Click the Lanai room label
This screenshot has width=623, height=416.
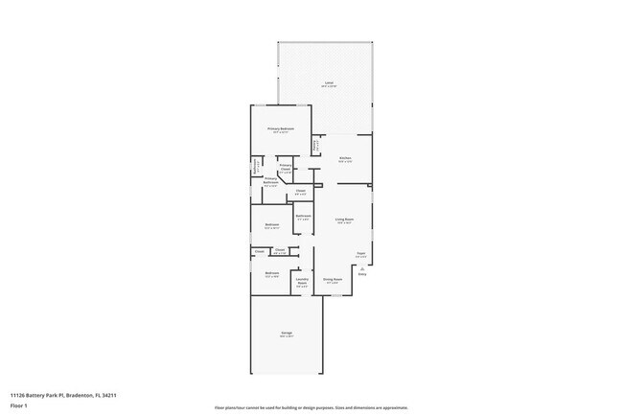click(328, 83)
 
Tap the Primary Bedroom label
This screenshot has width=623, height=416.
click(281, 128)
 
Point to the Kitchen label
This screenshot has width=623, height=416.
click(345, 157)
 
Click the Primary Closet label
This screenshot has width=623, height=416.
click(286, 168)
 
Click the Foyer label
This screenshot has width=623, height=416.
click(361, 253)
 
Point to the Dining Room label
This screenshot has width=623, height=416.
click(333, 279)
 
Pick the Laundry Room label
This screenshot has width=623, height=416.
click(301, 282)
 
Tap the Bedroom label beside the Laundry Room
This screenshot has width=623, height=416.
click(271, 273)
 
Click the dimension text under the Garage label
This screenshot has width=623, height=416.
click(286, 337)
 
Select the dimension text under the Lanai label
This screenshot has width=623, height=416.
click(328, 87)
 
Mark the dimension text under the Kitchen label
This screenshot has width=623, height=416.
click(345, 161)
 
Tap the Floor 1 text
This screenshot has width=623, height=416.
click(19, 404)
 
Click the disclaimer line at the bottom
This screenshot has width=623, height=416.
click(311, 406)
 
